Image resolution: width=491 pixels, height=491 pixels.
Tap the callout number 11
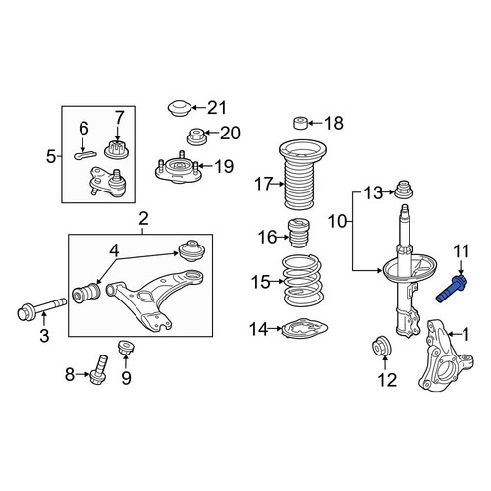tap(462, 251)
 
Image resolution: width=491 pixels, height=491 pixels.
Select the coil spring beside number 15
tap(303, 281)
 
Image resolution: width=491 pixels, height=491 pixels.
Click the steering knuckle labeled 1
tap(446, 355)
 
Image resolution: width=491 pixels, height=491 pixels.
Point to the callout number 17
tap(264, 184)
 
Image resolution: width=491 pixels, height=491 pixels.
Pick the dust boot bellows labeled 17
tap(303, 175)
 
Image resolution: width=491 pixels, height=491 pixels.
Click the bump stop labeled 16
tap(299, 234)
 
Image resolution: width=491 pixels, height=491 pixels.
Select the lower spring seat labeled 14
tap(304, 329)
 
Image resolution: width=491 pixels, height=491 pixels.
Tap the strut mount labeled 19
tap(177, 168)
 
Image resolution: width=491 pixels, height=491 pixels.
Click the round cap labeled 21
tap(180, 108)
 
